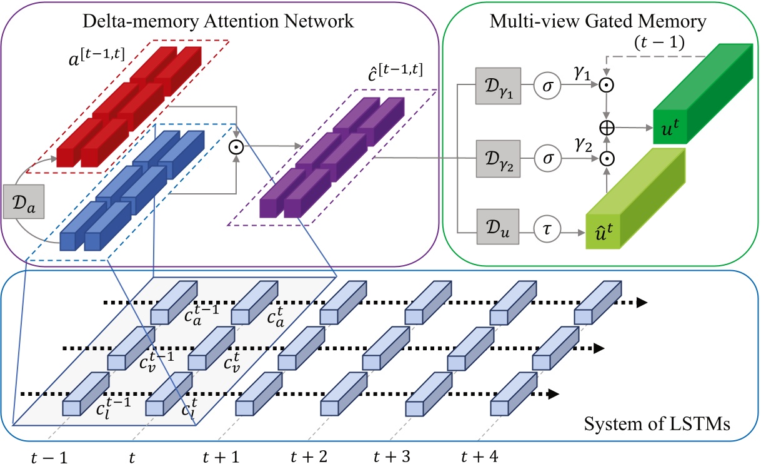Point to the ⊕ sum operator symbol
(x=606, y=127)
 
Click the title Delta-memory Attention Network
(x=219, y=21)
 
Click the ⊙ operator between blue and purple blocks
(x=236, y=148)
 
